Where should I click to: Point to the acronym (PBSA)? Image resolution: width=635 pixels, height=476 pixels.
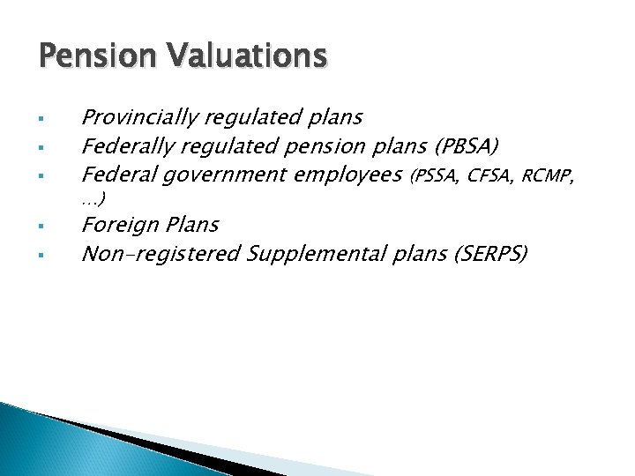pos(467,145)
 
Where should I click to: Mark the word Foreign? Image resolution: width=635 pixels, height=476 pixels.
pos(116,226)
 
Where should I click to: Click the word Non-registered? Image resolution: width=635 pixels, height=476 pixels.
pos(161,254)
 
